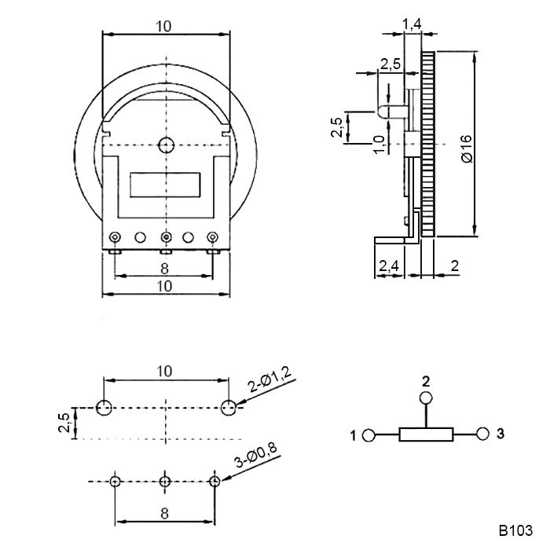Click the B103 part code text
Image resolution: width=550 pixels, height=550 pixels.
click(515, 530)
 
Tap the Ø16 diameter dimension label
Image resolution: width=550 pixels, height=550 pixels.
click(467, 148)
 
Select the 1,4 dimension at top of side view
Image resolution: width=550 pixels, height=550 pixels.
click(412, 24)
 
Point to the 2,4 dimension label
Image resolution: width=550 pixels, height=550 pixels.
click(389, 266)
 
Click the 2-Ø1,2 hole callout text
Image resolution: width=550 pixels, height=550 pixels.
click(269, 381)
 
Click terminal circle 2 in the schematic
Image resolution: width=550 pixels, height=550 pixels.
click(426, 398)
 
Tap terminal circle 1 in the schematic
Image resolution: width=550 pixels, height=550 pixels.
click(368, 435)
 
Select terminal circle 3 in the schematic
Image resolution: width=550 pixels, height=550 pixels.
click(483, 434)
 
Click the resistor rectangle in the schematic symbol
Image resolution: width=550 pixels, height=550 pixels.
click(426, 434)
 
